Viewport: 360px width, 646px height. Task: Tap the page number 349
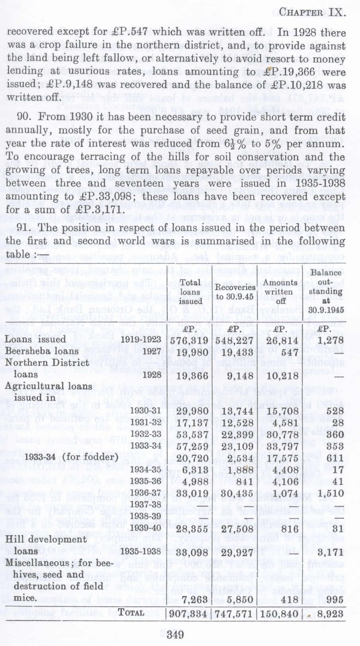pos(175,634)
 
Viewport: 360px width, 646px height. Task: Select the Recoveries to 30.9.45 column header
pos(235,292)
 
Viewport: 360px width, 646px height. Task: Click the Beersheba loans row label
pos(41,351)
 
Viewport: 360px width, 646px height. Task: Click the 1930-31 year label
pos(147,410)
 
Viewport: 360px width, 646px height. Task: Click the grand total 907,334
pos(188,614)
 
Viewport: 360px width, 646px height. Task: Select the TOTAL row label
pos(131,613)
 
